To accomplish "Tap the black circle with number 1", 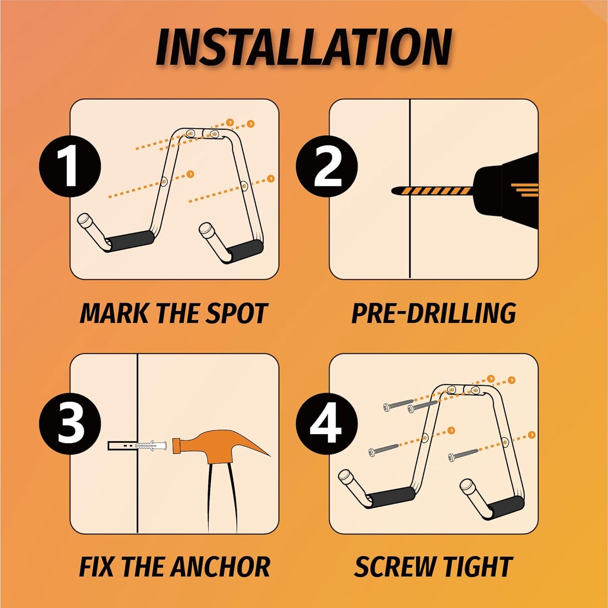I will [x=70, y=166].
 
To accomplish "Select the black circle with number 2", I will [x=327, y=166].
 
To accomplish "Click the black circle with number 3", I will [x=70, y=423].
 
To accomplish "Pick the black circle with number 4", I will [x=327, y=423].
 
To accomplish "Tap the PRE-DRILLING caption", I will [x=433, y=314].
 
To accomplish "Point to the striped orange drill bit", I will [x=433, y=191].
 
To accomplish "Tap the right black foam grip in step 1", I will [x=245, y=250].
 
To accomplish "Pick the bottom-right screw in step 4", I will [x=463, y=454].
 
